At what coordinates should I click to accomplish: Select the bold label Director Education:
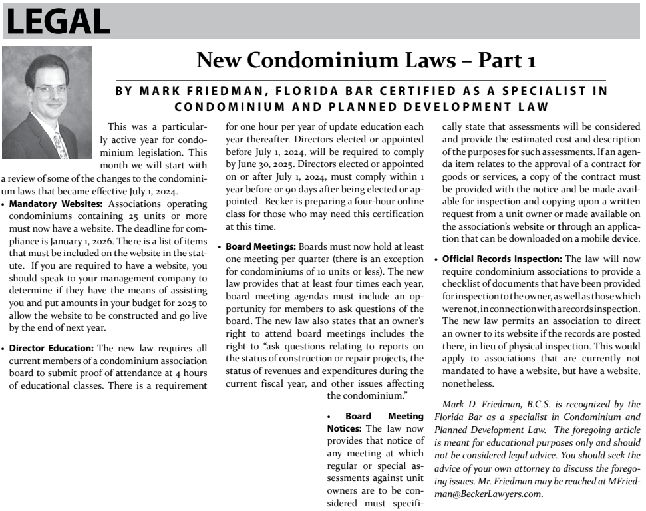[x=53, y=347]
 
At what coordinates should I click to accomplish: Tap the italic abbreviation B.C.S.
[x=540, y=404]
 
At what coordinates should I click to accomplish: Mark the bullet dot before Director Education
[x=4, y=347]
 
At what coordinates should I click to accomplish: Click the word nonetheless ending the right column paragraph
[x=468, y=384]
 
